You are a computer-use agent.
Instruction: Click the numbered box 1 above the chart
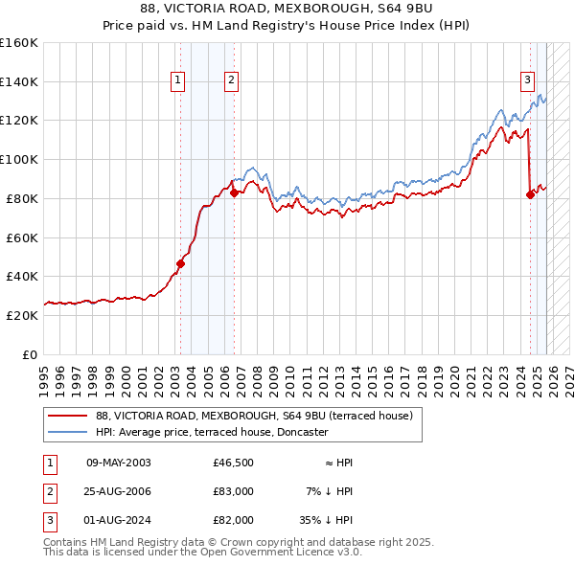click(x=178, y=81)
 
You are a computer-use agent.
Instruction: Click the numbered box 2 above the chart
click(x=232, y=81)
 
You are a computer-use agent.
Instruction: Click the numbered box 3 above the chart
click(x=527, y=81)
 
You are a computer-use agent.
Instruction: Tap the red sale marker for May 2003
click(x=180, y=262)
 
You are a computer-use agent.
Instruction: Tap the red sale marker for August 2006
click(x=234, y=192)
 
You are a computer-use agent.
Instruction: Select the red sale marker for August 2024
click(x=530, y=194)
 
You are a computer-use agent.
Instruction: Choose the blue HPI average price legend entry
click(x=211, y=433)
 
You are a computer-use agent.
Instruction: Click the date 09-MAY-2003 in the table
click(x=119, y=463)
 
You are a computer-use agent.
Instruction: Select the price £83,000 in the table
click(x=233, y=491)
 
